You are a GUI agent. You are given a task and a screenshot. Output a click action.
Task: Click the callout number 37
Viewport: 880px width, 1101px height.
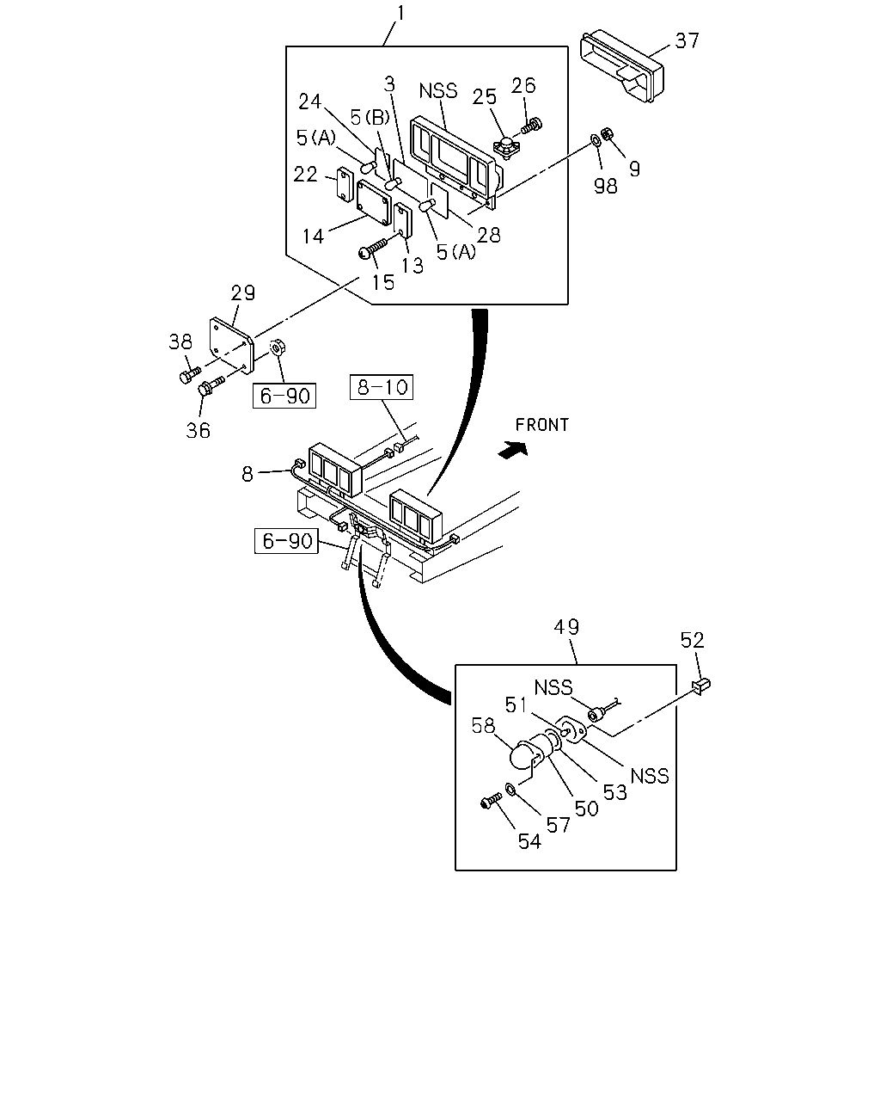687,40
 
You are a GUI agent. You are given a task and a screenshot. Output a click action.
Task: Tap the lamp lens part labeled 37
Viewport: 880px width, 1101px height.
621,66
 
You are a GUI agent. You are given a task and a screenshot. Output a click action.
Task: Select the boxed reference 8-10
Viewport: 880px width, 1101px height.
382,387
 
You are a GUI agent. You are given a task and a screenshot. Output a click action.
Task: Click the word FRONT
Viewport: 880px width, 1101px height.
541,425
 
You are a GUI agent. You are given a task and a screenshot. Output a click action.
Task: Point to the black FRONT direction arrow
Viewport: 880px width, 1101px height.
513,450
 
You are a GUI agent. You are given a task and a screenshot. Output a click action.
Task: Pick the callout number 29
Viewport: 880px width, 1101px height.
243,292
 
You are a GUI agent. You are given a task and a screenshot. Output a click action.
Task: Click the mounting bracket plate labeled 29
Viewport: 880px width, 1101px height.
231,345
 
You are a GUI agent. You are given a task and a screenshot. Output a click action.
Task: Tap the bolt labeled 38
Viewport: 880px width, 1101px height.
190,375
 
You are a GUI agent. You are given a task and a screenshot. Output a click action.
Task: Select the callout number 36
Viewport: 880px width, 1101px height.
198,430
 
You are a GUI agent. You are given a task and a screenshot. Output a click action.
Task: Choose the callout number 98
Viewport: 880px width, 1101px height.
605,186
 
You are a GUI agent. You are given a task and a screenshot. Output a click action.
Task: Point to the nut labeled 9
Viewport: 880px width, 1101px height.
607,133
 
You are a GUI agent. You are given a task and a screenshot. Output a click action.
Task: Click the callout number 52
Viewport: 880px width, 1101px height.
693,640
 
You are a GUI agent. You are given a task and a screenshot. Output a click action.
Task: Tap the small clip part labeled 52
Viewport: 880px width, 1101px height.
701,685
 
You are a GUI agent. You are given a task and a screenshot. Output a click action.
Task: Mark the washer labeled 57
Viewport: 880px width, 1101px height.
510,790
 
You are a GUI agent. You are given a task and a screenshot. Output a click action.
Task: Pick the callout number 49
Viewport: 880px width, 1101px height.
566,627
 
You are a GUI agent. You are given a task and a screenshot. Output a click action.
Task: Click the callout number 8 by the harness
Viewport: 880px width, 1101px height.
247,474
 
